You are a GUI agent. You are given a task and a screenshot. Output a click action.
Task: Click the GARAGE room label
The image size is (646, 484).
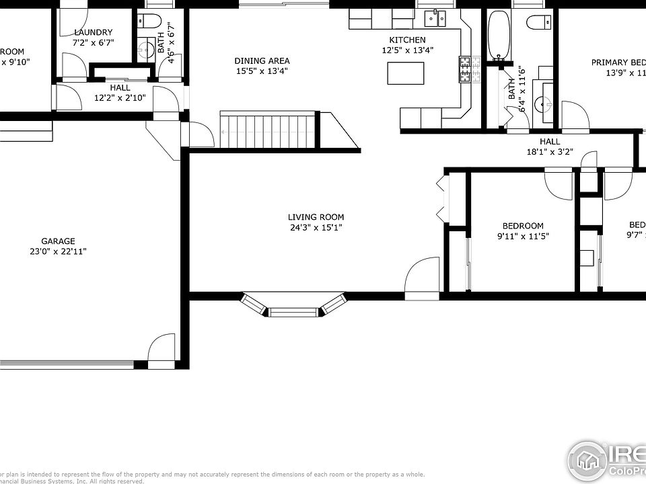tap(58, 241)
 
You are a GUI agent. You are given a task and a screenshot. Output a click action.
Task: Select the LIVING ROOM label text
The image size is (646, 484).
tap(316, 216)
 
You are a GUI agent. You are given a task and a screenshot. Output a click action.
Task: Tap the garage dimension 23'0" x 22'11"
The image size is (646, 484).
tap(63, 251)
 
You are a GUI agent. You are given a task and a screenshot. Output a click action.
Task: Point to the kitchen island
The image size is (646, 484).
tap(406, 72)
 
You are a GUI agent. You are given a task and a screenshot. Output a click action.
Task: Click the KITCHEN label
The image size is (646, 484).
tap(406, 40)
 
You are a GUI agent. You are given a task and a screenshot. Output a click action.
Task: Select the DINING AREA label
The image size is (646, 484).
tap(262, 61)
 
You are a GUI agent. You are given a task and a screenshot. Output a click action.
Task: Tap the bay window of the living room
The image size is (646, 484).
tap(293, 306)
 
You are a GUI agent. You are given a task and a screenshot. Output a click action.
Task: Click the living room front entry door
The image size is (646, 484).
tap(421, 277)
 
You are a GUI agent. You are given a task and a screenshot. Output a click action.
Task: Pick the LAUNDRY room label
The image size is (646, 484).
tap(93, 32)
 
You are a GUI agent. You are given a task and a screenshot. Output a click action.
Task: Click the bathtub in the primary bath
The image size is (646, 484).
tap(499, 34)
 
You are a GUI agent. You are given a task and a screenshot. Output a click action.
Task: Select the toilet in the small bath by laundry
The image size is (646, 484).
tap(152, 21)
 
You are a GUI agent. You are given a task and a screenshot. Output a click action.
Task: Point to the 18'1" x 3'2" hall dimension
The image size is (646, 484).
tap(549, 151)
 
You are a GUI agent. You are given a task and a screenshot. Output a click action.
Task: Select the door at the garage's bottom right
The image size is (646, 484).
tap(162, 351)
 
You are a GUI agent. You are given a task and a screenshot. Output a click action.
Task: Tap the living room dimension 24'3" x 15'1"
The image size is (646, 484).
tap(316, 227)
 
